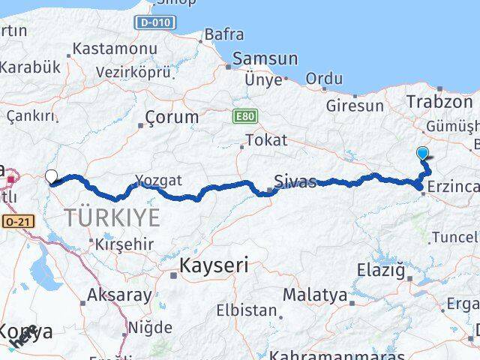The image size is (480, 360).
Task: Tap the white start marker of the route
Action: coord(52,177)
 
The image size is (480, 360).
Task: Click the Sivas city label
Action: coord(295,181)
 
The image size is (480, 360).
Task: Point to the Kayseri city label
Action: coord(214,265)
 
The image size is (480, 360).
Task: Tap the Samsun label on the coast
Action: coord(265,58)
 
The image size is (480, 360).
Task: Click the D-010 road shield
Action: coord(155,23)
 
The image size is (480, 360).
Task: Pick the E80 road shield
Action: coord(244,116)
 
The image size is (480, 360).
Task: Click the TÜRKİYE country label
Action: coord(112,218)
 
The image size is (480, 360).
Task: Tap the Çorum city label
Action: coord(172,117)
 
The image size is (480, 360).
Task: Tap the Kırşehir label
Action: coord(124,244)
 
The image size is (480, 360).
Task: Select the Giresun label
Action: coord(354,105)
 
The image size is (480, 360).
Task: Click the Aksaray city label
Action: coord(119,295)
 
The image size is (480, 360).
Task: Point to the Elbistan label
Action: coord(247,309)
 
